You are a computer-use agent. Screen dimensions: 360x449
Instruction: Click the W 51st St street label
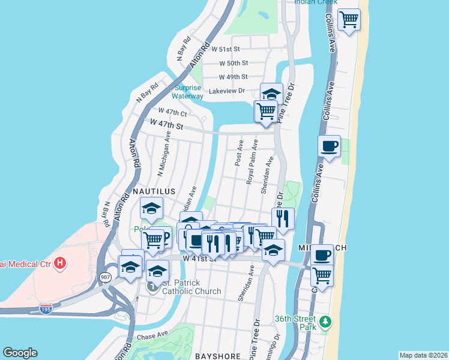(229, 49)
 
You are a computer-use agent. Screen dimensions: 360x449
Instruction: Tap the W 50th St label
(234, 63)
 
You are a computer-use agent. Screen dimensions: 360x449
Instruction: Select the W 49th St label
(234, 77)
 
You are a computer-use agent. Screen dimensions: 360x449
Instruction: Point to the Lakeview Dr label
(227, 91)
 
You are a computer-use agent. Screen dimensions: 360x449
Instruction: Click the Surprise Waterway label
(188, 91)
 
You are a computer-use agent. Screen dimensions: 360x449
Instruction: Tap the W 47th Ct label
(173, 112)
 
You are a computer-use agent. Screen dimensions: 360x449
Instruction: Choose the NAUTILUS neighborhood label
(154, 191)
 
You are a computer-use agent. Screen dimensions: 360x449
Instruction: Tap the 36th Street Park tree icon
(325, 322)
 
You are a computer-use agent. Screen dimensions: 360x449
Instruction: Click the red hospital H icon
(59, 263)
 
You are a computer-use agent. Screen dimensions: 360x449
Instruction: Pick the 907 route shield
(105, 277)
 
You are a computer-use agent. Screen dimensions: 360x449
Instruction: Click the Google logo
(20, 353)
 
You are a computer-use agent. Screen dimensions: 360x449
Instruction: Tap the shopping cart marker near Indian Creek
(348, 20)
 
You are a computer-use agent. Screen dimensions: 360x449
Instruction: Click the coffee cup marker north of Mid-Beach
(329, 146)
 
